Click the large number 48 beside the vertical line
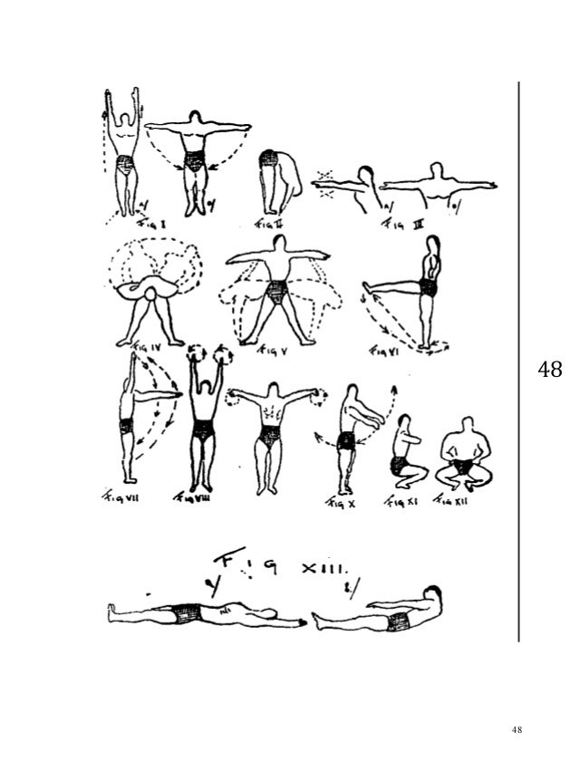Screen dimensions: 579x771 550,371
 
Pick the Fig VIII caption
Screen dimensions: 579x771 192,497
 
